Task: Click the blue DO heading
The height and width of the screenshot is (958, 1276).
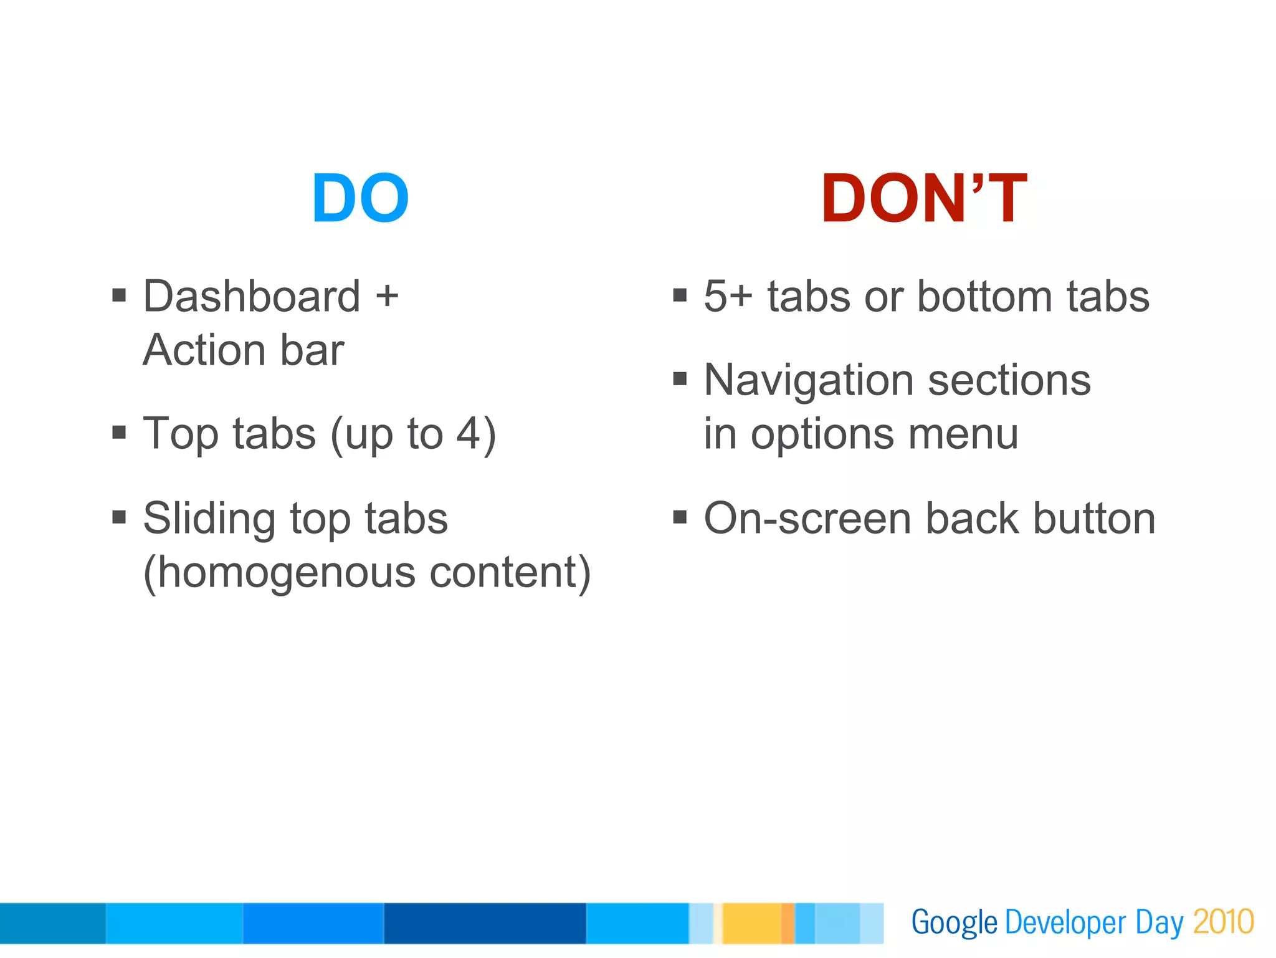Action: (x=360, y=199)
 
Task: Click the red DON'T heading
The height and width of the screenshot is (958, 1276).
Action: (x=923, y=199)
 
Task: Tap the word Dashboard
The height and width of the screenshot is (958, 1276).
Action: (x=252, y=296)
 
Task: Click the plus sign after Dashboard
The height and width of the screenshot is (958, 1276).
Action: (x=387, y=296)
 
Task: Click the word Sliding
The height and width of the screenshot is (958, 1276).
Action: (x=209, y=519)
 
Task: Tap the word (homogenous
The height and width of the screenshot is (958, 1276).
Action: (x=279, y=573)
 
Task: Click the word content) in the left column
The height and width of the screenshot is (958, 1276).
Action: (x=510, y=573)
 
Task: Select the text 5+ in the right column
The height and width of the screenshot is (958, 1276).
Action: (x=728, y=296)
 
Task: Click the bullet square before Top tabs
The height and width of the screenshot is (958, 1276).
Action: (x=119, y=432)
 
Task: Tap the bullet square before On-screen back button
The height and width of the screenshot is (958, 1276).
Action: (x=680, y=517)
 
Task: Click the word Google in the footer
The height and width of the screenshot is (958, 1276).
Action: (x=954, y=923)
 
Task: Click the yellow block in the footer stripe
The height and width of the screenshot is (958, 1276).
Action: (x=751, y=923)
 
